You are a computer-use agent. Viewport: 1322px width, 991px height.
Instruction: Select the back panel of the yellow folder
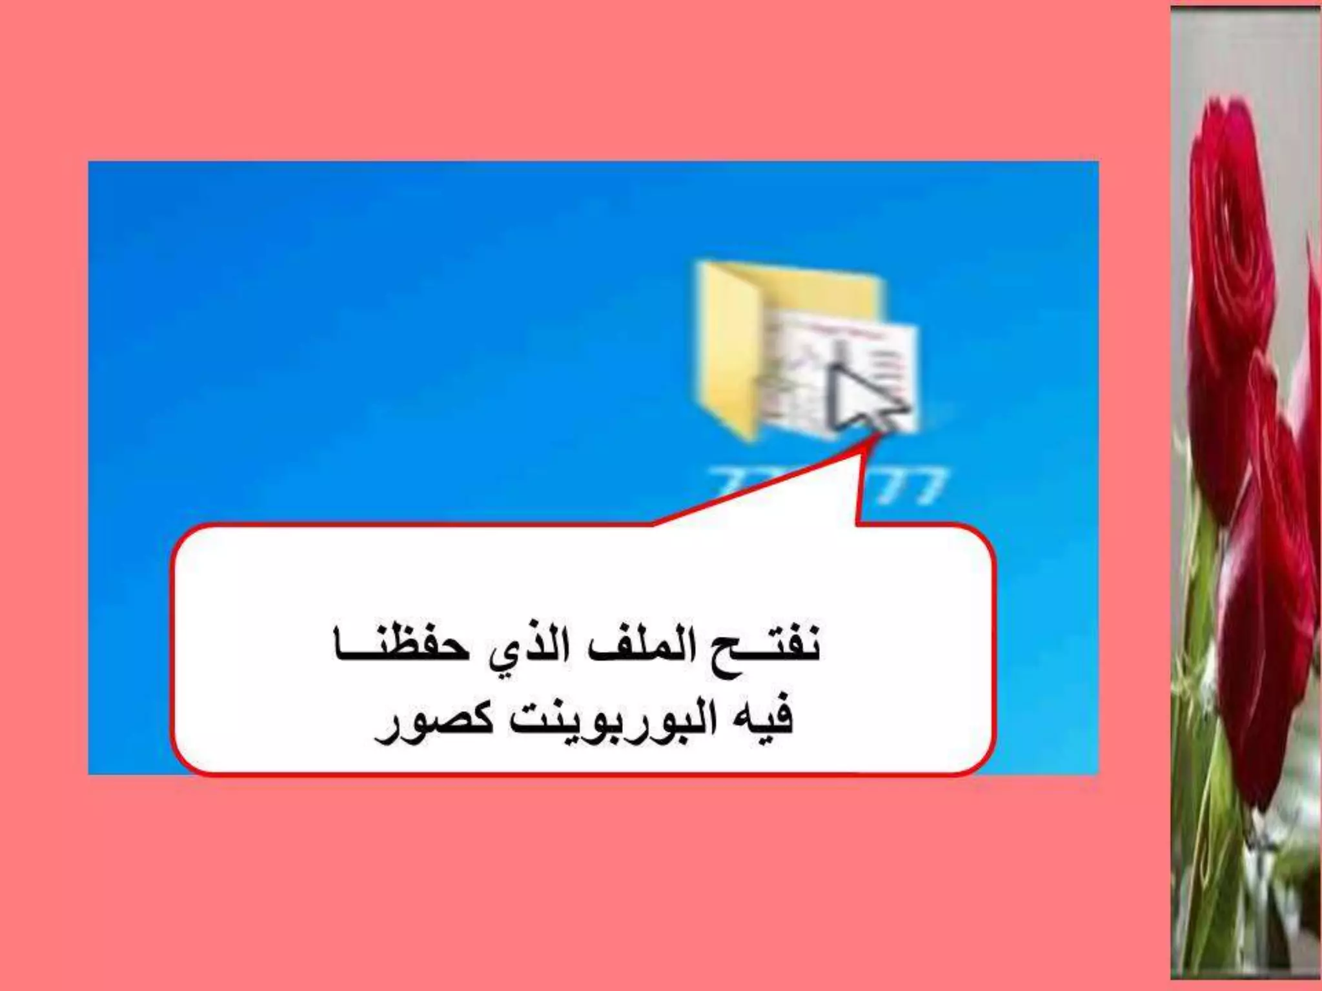(x=820, y=290)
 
